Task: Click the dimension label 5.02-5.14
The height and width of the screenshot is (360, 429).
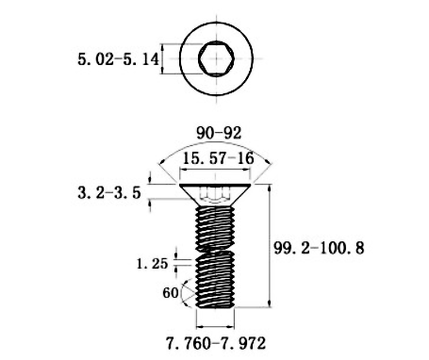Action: (118, 59)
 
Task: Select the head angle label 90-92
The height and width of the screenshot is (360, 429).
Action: (219, 133)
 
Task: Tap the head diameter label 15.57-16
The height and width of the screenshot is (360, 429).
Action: (219, 158)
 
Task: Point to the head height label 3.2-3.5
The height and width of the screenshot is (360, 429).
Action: (109, 192)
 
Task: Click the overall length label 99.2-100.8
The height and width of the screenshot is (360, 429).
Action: (319, 248)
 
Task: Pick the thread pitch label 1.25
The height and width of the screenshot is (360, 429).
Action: (153, 264)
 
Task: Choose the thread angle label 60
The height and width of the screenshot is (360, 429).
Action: (171, 293)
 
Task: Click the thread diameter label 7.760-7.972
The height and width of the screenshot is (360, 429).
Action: (216, 343)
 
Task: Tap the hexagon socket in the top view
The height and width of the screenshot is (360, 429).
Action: (216, 58)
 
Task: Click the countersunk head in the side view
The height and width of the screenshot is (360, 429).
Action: (215, 195)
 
